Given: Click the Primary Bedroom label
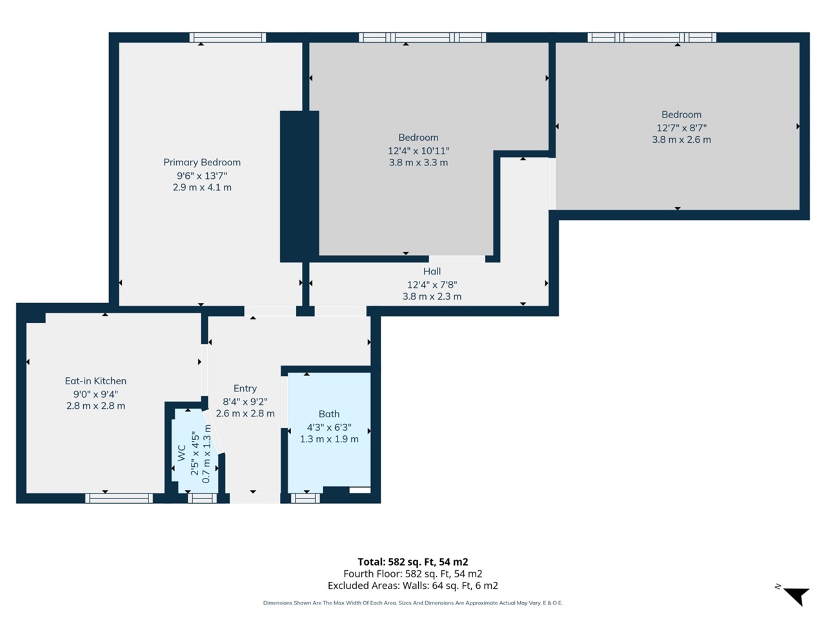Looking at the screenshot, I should tap(201, 162).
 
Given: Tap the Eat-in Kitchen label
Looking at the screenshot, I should tap(96, 381).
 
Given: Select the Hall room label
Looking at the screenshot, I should tap(432, 271).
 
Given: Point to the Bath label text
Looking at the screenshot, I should tap(328, 414).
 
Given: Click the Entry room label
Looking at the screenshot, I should tap(245, 388).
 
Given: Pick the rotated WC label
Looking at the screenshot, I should tap(181, 453).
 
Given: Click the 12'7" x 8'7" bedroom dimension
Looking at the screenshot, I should tap(681, 127).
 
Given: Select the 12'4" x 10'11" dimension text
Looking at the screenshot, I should tap(418, 150).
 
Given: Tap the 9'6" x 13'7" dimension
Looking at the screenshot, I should tap(201, 176).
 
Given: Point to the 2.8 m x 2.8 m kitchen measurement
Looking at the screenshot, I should tap(96, 406).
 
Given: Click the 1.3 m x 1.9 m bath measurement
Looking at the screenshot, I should tap(329, 439).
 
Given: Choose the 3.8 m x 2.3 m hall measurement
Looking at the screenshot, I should tap(432, 296).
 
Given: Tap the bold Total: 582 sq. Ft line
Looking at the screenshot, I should tap(412, 562).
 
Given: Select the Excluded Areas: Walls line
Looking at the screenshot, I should tap(412, 586).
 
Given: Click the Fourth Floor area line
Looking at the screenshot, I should tap(412, 573).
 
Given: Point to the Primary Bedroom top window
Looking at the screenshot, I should tap(228, 37).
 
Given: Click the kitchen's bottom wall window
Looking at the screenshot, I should tap(119, 498).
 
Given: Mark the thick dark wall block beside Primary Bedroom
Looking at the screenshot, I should tap(299, 186).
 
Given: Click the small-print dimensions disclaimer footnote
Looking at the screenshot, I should tap(412, 603).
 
